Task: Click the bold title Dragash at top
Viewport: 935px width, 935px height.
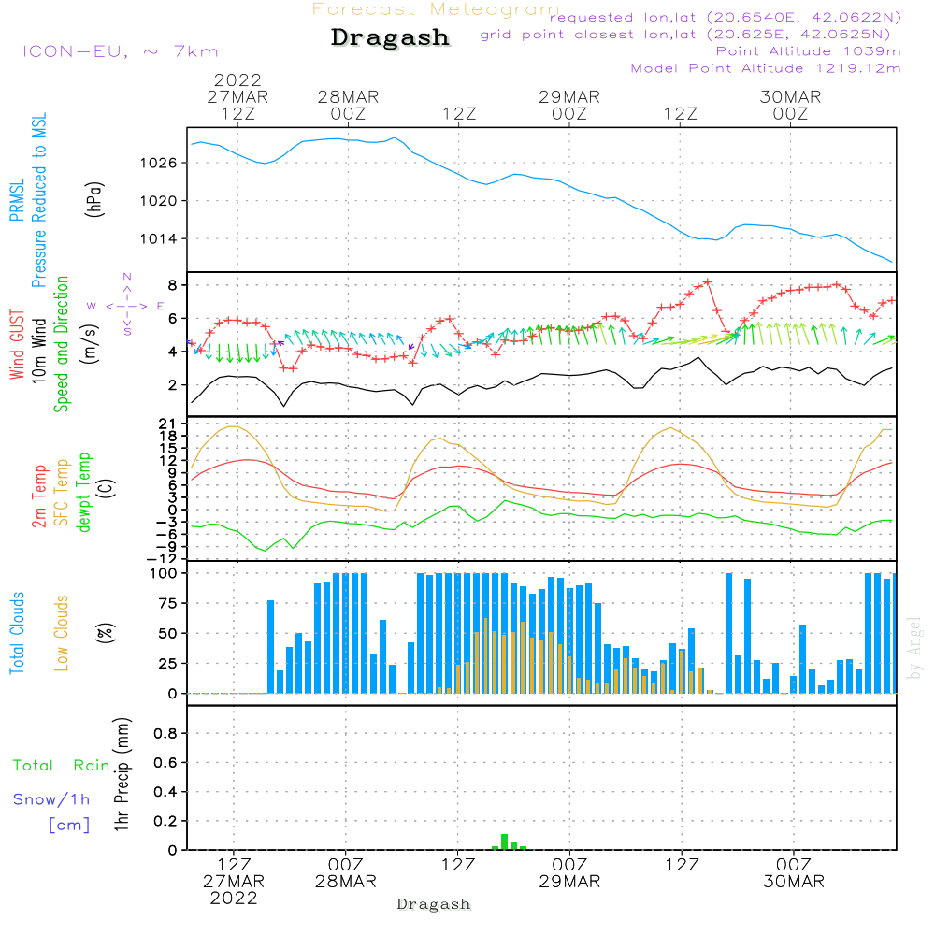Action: tap(390, 38)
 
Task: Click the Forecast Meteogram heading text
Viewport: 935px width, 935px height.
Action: tap(436, 9)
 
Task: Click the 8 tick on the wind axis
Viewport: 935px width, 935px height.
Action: tap(173, 284)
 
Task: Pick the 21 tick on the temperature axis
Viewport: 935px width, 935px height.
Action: tap(168, 424)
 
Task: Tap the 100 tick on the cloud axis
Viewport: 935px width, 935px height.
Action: tap(165, 572)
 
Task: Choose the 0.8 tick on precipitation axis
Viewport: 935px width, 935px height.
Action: tap(165, 734)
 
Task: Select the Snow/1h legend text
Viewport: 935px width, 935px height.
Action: tap(52, 799)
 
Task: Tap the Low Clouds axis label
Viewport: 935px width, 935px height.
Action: tap(63, 633)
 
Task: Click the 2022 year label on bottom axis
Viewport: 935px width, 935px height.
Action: tap(233, 899)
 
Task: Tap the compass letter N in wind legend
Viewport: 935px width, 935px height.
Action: tap(127, 277)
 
